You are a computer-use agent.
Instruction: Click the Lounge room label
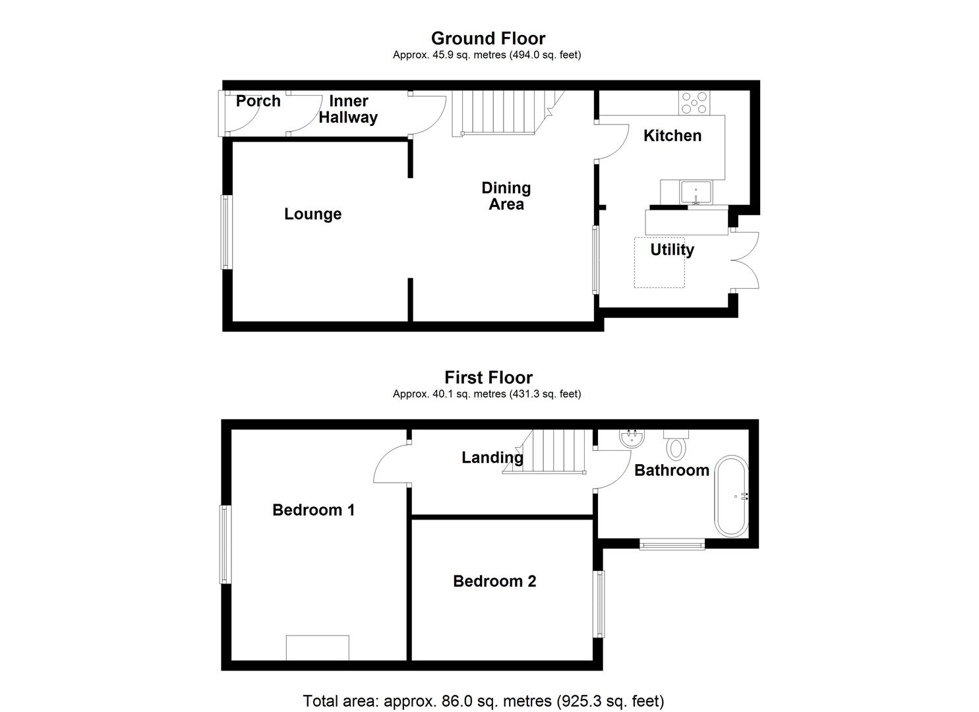(x=312, y=214)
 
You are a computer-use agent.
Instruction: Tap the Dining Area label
(x=506, y=196)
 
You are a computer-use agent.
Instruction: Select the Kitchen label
(x=672, y=136)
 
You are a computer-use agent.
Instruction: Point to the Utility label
(x=672, y=250)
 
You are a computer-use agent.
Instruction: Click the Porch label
(x=258, y=102)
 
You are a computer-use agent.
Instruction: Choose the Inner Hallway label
(x=348, y=109)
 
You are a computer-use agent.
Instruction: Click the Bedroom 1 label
(x=313, y=510)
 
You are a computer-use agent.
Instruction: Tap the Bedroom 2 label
(x=494, y=581)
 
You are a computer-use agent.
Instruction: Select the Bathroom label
(x=671, y=470)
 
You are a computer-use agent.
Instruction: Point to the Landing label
(x=492, y=458)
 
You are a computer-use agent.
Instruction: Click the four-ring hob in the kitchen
(x=694, y=102)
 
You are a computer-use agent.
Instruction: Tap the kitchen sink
(x=696, y=192)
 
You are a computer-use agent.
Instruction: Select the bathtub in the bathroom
(x=732, y=495)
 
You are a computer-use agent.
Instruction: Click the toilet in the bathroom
(x=676, y=445)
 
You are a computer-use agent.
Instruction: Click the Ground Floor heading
(x=488, y=38)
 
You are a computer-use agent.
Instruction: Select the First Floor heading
(x=488, y=377)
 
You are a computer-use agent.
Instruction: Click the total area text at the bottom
(x=483, y=700)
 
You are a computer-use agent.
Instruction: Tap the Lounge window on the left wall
(x=225, y=231)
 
